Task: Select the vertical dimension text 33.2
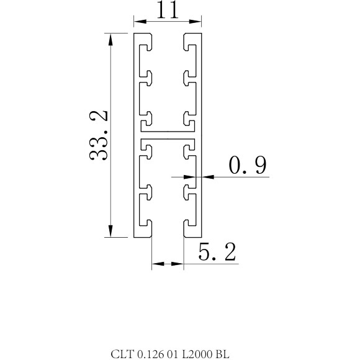coord(99,135)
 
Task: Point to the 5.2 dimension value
coord(217,252)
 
